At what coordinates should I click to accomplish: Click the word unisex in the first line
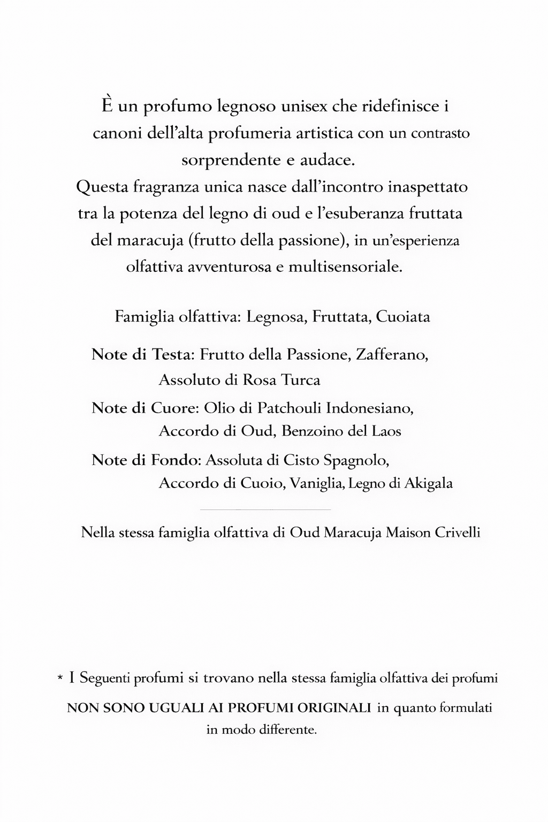(302, 106)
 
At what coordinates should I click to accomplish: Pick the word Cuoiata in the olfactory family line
(403, 317)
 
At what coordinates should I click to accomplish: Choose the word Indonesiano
(370, 408)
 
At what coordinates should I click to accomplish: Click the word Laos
(386, 431)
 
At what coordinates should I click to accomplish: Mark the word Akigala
(428, 483)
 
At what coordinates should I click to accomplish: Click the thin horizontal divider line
(265, 509)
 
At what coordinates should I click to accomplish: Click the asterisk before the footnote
(60, 679)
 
